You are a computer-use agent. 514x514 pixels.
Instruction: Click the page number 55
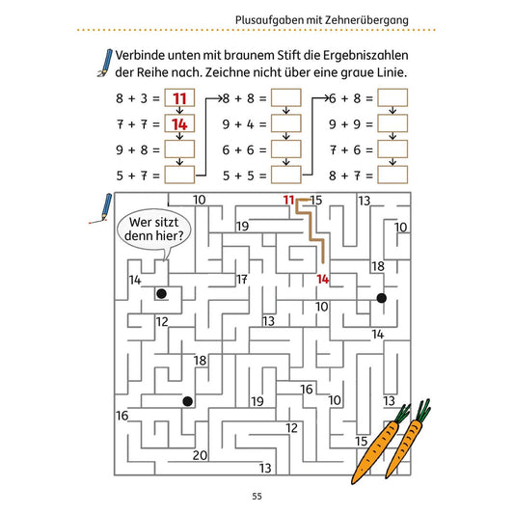[x=257, y=496]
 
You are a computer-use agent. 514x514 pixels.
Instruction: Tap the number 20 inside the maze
[x=200, y=455]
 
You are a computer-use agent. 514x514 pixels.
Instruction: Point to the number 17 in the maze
[x=242, y=280]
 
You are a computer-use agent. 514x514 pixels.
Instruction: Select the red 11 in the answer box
[x=179, y=98]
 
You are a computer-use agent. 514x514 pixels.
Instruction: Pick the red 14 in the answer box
[x=179, y=124]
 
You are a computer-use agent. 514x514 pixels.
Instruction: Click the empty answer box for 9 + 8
[x=179, y=149]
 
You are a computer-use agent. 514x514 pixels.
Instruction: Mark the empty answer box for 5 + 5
[x=285, y=175]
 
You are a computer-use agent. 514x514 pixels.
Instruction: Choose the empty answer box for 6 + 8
[x=392, y=97]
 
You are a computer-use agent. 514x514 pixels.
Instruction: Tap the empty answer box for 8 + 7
[x=392, y=175]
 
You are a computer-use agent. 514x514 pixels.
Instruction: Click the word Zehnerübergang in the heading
[x=366, y=20]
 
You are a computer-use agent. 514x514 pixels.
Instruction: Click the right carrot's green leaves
[x=423, y=410]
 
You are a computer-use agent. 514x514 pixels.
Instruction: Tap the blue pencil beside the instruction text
[x=105, y=63]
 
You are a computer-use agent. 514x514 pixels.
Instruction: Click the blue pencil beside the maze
[x=103, y=208]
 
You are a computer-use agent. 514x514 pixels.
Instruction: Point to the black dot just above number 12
[x=161, y=294]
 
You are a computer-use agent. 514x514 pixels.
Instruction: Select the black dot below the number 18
[x=381, y=298]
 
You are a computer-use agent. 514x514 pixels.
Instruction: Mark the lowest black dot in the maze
[x=187, y=401]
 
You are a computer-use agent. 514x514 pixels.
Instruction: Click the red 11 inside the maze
[x=288, y=200]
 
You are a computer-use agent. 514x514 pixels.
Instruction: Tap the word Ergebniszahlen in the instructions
[x=365, y=56]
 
